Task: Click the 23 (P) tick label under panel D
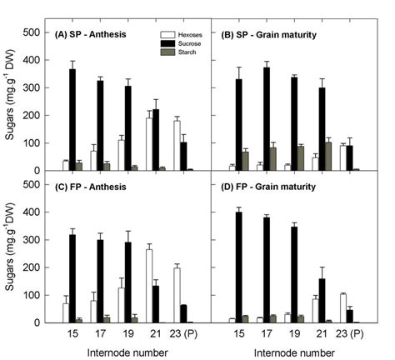pyautogui.click(x=353, y=334)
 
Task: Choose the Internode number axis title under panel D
pyautogui.click(x=297, y=352)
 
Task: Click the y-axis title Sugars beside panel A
pyautogui.click(x=11, y=101)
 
